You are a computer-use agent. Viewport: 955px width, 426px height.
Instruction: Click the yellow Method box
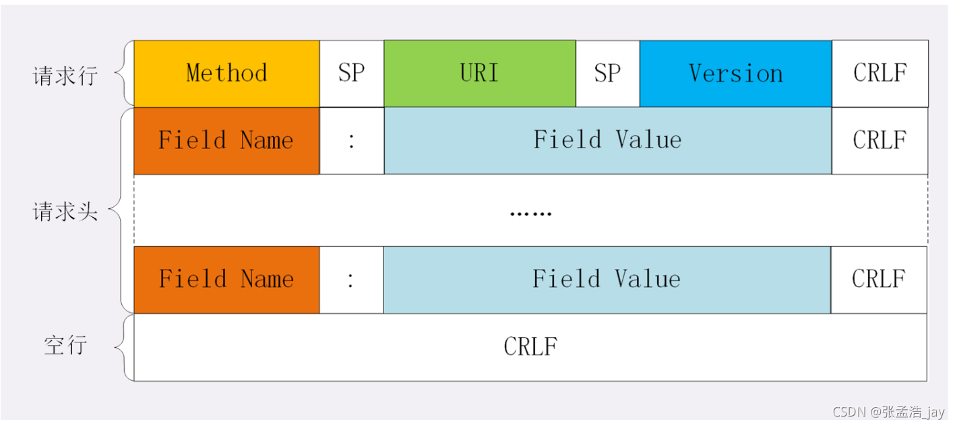[226, 73]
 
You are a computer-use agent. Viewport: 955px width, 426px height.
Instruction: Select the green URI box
[480, 73]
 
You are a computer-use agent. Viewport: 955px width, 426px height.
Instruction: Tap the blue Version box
[735, 73]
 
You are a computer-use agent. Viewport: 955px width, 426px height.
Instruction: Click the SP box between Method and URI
[352, 73]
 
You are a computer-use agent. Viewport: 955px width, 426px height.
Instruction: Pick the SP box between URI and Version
[607, 73]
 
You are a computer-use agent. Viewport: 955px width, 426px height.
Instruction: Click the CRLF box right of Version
[880, 73]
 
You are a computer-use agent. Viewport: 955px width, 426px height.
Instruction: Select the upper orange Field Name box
[226, 141]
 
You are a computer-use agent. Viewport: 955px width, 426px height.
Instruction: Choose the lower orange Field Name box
[226, 280]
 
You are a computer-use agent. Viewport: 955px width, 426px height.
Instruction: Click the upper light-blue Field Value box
[607, 141]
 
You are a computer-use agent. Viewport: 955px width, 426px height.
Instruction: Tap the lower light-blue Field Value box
[607, 280]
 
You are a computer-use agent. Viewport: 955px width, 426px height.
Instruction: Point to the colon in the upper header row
[351, 141]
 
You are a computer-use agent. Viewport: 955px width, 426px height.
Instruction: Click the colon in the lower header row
[350, 280]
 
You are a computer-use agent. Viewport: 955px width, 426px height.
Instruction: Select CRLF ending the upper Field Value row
[880, 141]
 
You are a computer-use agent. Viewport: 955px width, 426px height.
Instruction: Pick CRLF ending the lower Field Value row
[879, 280]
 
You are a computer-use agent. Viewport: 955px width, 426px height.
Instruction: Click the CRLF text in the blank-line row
[530, 346]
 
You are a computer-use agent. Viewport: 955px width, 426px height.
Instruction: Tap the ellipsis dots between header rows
[531, 214]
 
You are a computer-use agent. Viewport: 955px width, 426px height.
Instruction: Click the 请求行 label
[65, 76]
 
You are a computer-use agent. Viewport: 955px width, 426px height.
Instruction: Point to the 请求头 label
[65, 212]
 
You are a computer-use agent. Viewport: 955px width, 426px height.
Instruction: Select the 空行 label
[65, 345]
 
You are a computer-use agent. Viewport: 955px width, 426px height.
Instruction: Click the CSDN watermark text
[888, 412]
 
